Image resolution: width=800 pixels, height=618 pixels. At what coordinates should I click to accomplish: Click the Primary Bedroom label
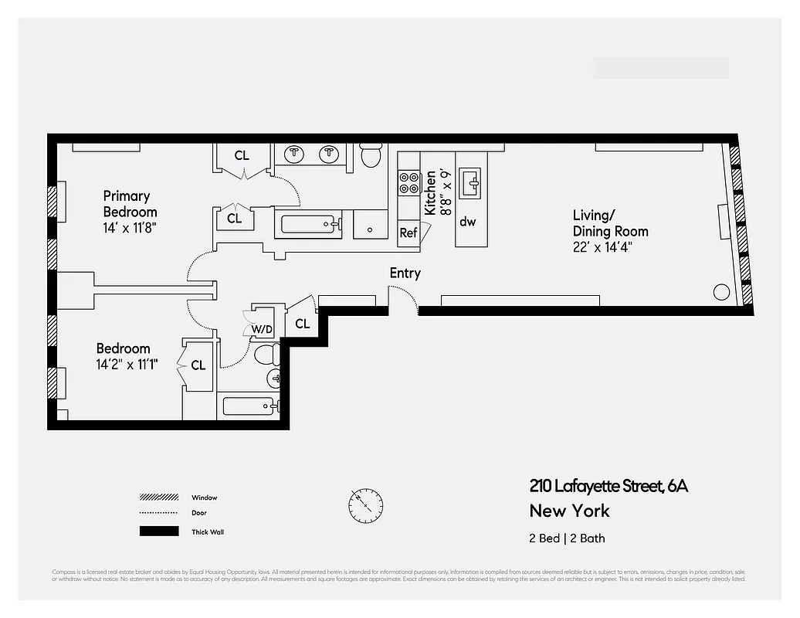[130, 204]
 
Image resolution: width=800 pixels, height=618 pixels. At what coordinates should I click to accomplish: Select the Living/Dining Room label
[610, 223]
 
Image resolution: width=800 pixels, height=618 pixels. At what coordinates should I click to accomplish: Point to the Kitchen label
[430, 192]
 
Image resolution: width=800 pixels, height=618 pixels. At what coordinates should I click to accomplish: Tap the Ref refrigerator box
[408, 233]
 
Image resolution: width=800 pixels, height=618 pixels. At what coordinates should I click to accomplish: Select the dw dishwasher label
[467, 222]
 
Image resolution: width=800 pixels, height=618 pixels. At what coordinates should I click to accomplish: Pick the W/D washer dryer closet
[262, 329]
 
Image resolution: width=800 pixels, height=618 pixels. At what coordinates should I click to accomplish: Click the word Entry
[405, 273]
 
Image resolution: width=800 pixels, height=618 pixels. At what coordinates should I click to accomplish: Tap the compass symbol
[365, 505]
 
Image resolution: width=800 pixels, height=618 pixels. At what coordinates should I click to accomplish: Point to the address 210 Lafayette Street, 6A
[608, 486]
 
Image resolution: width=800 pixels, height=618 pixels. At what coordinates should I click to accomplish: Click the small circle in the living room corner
[721, 292]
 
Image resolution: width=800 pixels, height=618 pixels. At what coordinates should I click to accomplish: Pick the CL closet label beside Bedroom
[198, 365]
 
